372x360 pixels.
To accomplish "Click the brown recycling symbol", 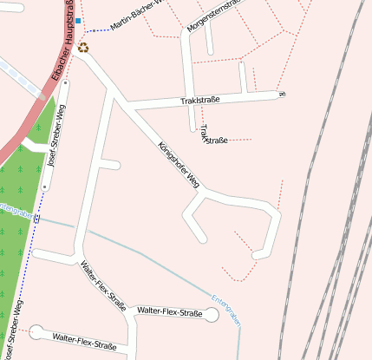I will point(83,48).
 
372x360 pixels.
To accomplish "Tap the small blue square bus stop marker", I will point(78,20).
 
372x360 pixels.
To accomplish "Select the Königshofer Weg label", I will point(179,164).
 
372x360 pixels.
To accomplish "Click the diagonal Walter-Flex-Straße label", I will point(103,285).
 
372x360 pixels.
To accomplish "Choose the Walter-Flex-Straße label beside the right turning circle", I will point(170,311).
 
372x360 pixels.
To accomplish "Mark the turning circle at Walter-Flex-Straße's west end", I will point(36,331).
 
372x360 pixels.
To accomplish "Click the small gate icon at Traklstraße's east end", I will point(282,94).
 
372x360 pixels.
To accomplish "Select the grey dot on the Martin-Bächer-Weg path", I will point(95,30).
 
